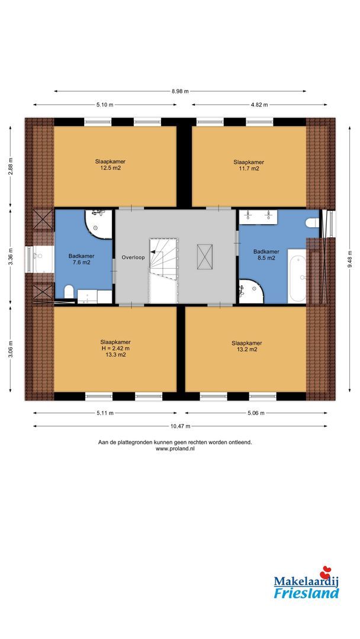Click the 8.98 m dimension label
(x=180, y=91)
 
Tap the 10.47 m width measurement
(x=180, y=426)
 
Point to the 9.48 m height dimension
(x=349, y=259)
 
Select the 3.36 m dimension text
(x=11, y=257)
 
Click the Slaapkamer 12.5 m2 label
(x=110, y=164)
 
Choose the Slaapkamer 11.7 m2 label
(x=249, y=165)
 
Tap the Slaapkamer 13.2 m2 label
(x=247, y=346)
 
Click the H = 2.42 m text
(x=115, y=348)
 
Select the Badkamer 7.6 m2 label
(x=82, y=259)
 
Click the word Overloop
(x=133, y=257)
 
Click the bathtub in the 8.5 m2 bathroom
(x=297, y=276)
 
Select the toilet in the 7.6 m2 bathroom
(x=69, y=292)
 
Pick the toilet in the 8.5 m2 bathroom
(x=312, y=222)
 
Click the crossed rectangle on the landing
(x=205, y=257)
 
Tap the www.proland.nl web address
(x=175, y=448)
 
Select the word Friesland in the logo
(x=306, y=593)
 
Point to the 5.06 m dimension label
(x=256, y=413)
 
